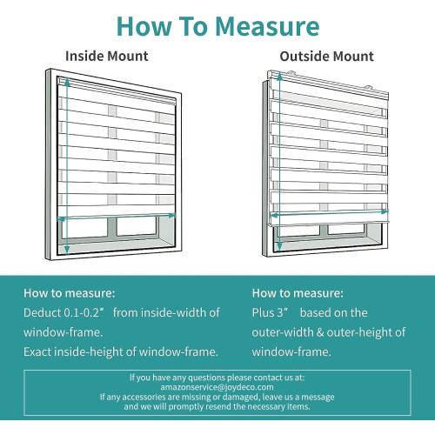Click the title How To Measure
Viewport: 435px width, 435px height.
click(x=217, y=25)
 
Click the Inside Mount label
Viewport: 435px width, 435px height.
click(x=107, y=57)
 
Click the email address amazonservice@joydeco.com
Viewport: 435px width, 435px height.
click(x=217, y=387)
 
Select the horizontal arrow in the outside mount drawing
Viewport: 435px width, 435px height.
click(x=329, y=211)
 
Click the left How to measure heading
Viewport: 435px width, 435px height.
click(x=69, y=293)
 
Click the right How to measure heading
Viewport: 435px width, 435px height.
click(x=298, y=293)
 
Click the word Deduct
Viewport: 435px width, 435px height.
click(x=42, y=312)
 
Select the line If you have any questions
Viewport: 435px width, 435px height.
click(x=217, y=378)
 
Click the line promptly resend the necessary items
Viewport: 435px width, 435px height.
click(x=217, y=406)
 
